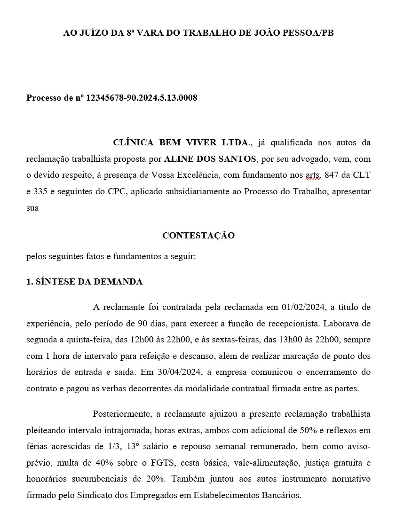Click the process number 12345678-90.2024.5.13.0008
(x=142, y=98)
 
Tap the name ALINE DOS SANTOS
(x=210, y=158)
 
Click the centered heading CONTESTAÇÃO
(x=198, y=235)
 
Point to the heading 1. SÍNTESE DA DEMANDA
(x=84, y=282)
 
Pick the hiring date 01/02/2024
(x=303, y=307)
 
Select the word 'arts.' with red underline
(x=313, y=175)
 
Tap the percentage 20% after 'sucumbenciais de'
(x=155, y=479)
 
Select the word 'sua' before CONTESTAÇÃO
(x=32, y=207)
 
